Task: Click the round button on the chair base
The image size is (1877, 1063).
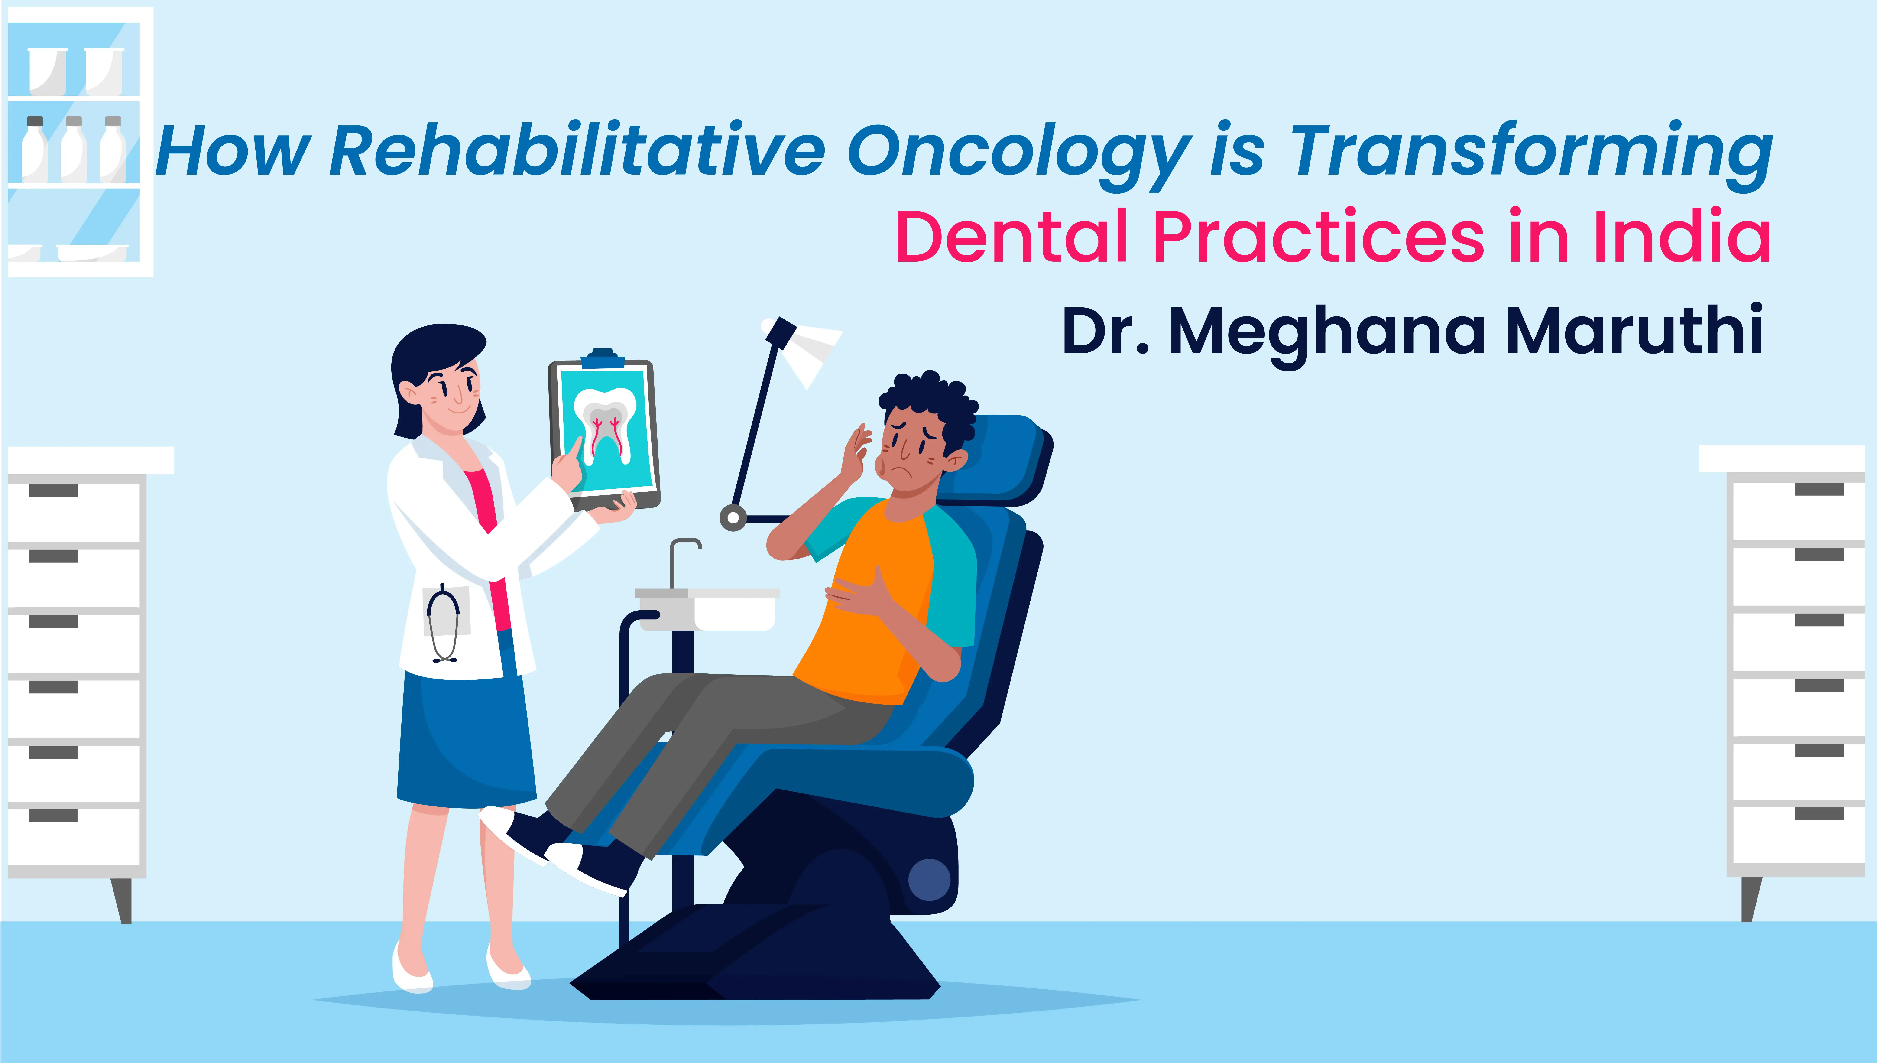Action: pyautogui.click(x=929, y=880)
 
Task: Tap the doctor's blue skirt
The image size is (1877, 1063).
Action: pyautogui.click(x=467, y=737)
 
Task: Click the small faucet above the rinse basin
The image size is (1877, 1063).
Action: pyautogui.click(x=684, y=562)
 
